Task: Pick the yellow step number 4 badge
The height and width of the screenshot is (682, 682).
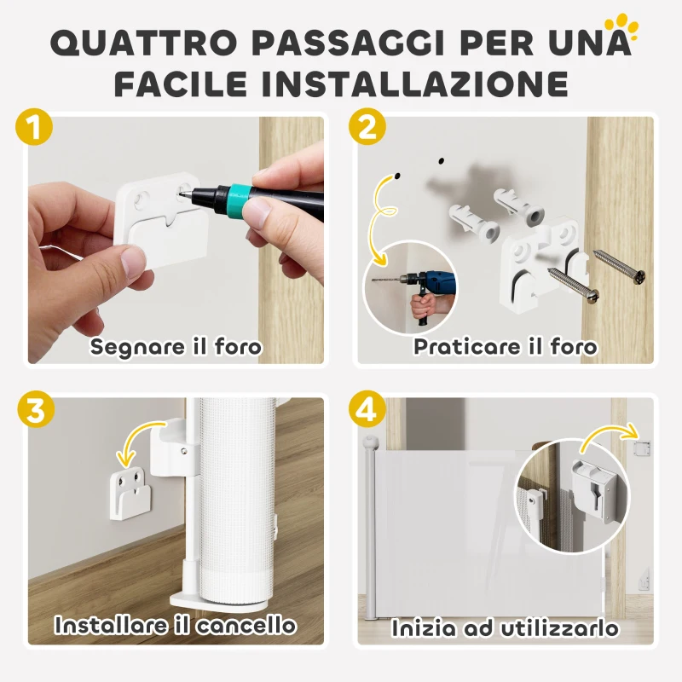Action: pyautogui.click(x=367, y=409)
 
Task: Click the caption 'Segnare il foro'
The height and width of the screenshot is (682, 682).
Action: pyautogui.click(x=176, y=346)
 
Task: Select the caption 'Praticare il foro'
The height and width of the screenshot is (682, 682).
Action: pyautogui.click(x=505, y=346)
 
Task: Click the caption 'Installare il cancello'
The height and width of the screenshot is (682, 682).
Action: pyautogui.click(x=176, y=625)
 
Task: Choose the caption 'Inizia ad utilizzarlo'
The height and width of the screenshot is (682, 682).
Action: pyautogui.click(x=505, y=628)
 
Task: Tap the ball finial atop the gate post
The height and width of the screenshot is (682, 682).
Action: pyautogui.click(x=370, y=443)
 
